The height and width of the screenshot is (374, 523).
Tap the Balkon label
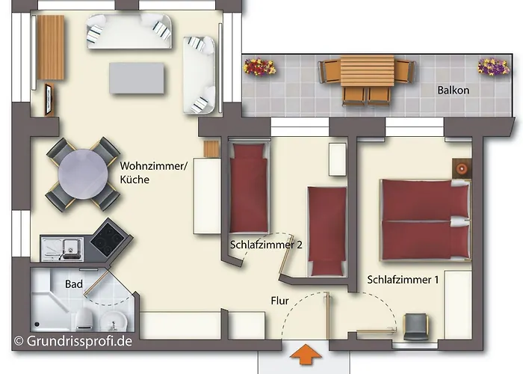point(454,91)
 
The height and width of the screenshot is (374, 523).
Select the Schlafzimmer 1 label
point(402,280)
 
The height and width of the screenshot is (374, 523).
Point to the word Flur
point(281,301)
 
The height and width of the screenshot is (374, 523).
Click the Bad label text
point(74,284)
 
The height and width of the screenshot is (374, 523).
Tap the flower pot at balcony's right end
point(493,67)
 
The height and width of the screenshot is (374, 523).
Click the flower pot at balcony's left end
point(259,68)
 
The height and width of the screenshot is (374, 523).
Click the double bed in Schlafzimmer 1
point(424,220)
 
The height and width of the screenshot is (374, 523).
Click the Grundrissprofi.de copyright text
point(72,342)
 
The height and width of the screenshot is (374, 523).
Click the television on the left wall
point(49,99)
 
